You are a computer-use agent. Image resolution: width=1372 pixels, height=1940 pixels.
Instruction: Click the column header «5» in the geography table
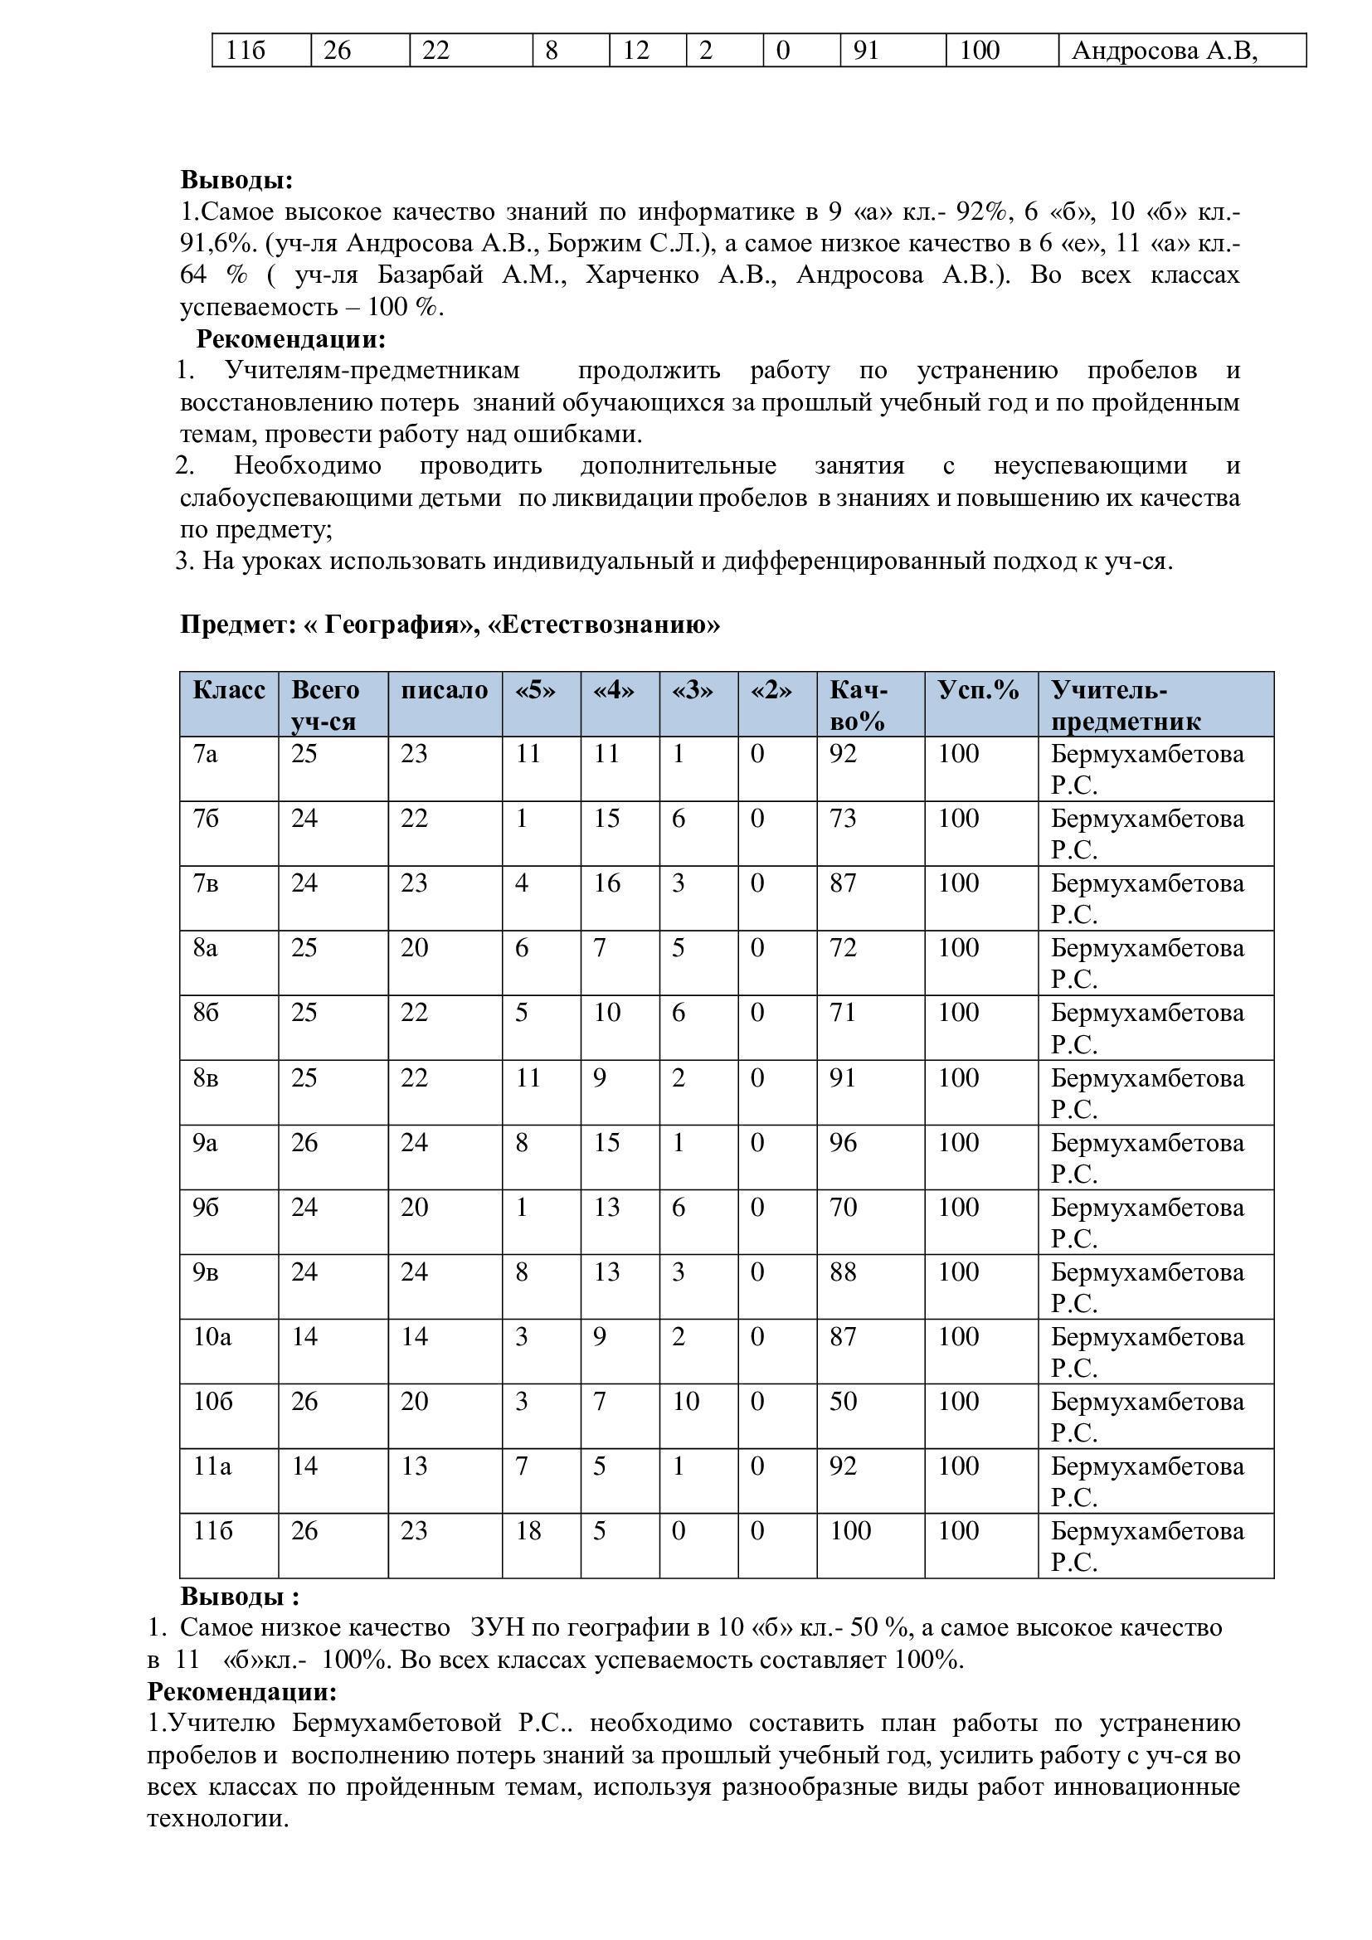pyautogui.click(x=536, y=690)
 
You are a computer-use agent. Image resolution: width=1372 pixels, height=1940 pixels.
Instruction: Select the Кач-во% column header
pyautogui.click(x=859, y=705)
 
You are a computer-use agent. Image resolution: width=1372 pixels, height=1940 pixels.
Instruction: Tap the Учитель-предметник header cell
pyautogui.click(x=1125, y=705)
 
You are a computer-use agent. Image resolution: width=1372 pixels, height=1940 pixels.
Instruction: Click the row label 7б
pyautogui.click(x=207, y=818)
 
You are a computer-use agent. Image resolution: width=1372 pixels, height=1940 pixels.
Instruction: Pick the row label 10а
pyautogui.click(x=212, y=1336)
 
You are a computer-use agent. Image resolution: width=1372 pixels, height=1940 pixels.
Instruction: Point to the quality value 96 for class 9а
pyautogui.click(x=843, y=1142)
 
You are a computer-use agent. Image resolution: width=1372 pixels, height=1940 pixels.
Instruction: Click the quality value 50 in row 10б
pyautogui.click(x=843, y=1401)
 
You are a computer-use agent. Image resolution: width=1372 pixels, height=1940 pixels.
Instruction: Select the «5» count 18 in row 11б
pyautogui.click(x=528, y=1530)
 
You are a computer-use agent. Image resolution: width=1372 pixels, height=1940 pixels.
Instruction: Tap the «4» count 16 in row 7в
pyautogui.click(x=606, y=883)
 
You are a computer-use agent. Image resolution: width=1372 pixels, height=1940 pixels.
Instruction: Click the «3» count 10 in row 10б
pyautogui.click(x=685, y=1401)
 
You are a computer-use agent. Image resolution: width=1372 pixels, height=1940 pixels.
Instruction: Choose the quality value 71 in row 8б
pyautogui.click(x=842, y=1012)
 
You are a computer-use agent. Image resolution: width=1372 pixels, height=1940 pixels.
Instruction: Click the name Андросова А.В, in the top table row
pyautogui.click(x=1164, y=51)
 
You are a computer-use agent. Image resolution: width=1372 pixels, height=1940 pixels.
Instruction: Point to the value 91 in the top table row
pyautogui.click(x=866, y=51)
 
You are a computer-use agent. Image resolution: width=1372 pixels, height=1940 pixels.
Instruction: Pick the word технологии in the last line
pyautogui.click(x=218, y=1817)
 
